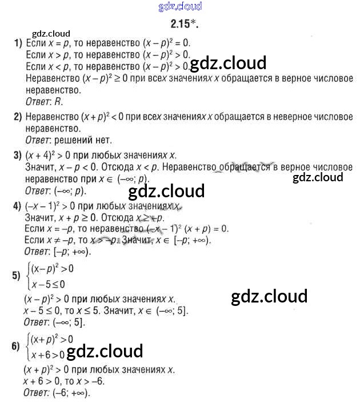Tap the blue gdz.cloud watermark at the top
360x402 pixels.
[x=179, y=7]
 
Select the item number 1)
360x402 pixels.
[x=18, y=43]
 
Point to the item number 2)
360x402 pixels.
[x=18, y=117]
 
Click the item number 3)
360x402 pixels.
[x=18, y=154]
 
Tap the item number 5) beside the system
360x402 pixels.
[x=17, y=276]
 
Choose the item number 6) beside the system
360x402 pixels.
[x=17, y=345]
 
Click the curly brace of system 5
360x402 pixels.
[x=27, y=276]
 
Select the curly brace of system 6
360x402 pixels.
[x=27, y=345]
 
